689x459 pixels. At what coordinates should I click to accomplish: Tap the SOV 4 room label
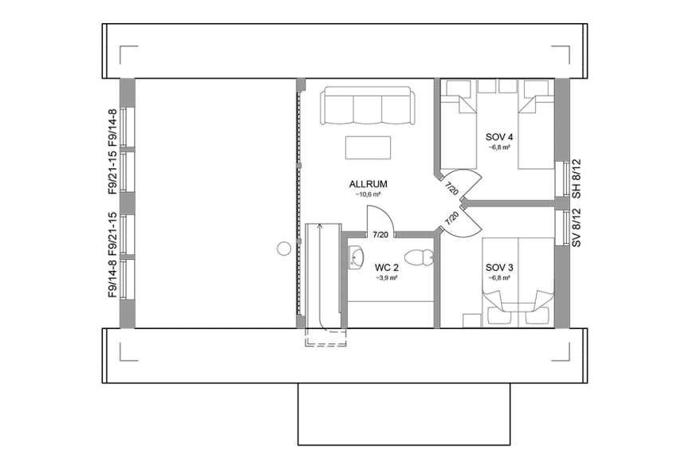[x=499, y=136]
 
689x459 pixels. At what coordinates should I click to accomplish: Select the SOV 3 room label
[x=499, y=268]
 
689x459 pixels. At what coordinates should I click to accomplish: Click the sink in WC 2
[x=355, y=256]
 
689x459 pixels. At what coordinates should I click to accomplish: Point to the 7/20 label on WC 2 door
[x=381, y=234]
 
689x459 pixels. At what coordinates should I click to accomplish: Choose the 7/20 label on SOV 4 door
[x=452, y=190]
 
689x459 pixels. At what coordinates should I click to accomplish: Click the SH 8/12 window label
[x=577, y=179]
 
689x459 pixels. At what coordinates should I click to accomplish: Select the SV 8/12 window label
[x=577, y=228]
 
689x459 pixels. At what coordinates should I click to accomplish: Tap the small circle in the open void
[x=283, y=249]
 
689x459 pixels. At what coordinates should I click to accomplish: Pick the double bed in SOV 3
[x=518, y=279]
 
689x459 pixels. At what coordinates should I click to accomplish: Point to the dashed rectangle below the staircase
[x=326, y=336]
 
